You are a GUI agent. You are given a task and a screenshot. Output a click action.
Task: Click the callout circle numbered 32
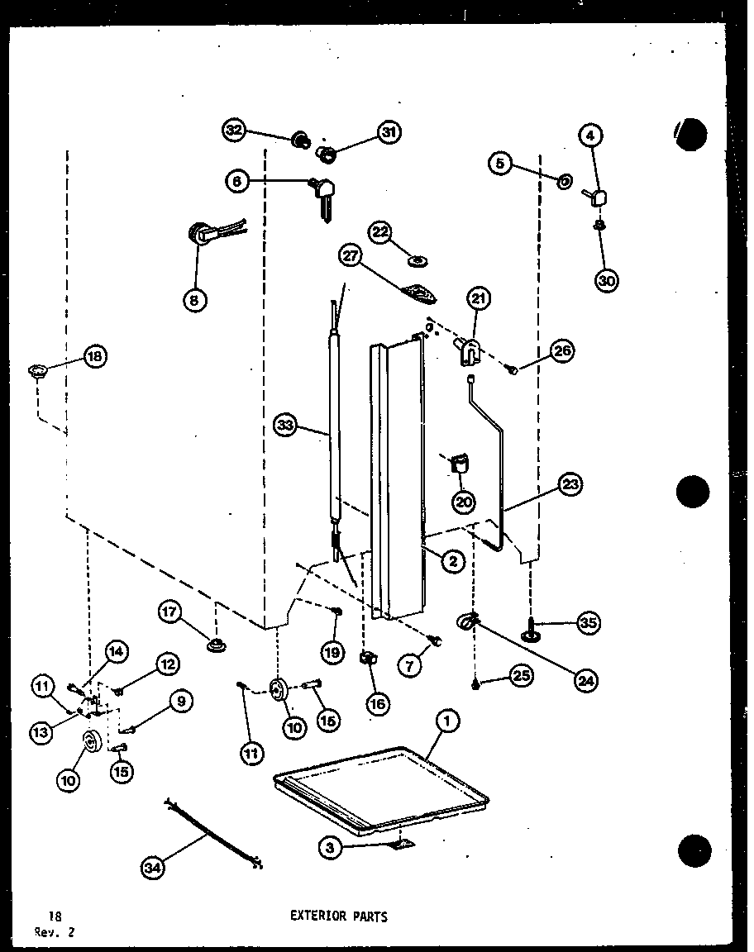235,130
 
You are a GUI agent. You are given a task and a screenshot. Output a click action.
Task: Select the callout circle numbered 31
389,132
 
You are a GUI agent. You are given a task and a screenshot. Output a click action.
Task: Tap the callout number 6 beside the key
236,181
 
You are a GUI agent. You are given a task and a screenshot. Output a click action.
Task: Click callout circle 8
194,301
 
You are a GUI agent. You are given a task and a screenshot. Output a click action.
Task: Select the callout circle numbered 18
95,357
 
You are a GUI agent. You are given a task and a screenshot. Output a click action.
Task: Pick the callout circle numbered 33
285,426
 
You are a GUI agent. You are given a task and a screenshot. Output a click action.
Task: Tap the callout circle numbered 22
380,233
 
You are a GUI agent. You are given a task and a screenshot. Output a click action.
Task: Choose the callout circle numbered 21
479,298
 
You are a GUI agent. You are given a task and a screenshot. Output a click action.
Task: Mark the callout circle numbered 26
563,350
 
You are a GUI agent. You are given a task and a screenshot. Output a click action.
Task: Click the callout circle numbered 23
570,486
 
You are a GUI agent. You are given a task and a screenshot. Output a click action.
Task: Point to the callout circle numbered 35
589,624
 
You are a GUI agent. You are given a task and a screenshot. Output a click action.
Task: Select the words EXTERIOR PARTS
338,916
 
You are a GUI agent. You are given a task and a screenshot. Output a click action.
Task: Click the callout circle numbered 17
170,612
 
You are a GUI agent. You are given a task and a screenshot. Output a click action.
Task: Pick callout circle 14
117,652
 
